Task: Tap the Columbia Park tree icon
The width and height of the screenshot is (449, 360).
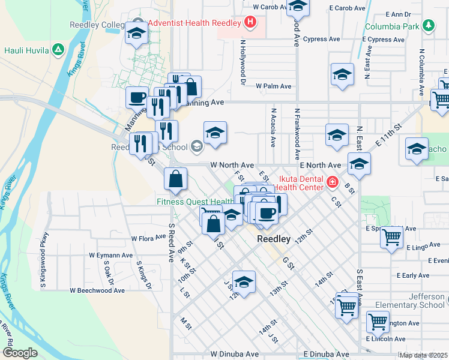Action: [x=428, y=26]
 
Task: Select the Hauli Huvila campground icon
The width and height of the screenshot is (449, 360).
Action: [x=58, y=49]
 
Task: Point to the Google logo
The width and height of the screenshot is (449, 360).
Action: [x=20, y=353]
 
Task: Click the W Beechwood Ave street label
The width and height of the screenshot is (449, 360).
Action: [x=97, y=290]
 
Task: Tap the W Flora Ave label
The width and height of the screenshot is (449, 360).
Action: [x=143, y=238]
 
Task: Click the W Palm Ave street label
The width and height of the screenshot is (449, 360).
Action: [x=273, y=86]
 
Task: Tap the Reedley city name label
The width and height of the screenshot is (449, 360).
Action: [x=274, y=239]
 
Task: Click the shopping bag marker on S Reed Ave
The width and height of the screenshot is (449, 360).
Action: [x=175, y=179]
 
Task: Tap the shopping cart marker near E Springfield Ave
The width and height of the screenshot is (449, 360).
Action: [x=391, y=236]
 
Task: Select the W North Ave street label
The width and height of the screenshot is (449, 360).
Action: [x=232, y=165]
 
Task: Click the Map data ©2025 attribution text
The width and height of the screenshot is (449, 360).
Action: [x=424, y=355]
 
